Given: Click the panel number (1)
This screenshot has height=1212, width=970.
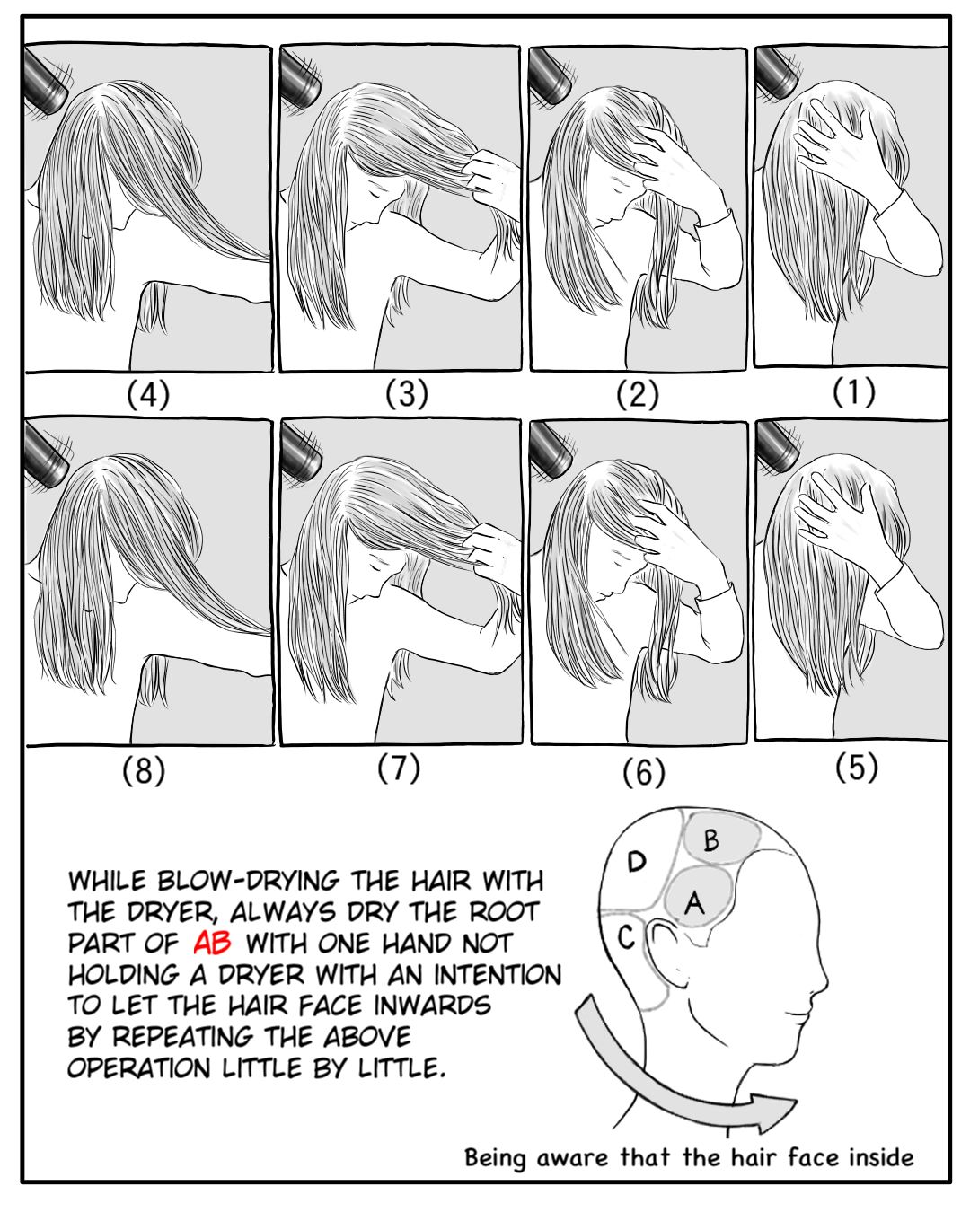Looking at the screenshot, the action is click(x=854, y=392).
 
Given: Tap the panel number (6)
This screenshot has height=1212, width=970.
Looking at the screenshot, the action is click(x=644, y=773).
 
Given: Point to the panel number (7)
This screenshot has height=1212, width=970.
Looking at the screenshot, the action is click(x=399, y=768).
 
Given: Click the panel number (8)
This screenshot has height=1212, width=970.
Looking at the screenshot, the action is click(x=144, y=770).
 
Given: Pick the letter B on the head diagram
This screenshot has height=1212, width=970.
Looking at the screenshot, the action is click(x=711, y=841).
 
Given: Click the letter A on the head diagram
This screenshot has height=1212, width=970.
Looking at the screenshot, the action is click(x=695, y=902).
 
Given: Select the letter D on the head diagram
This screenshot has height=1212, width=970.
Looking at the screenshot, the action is click(x=637, y=862).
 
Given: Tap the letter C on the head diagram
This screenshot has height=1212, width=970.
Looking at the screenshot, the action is click(x=626, y=937).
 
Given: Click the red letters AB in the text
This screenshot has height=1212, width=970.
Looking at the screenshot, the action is click(x=212, y=944).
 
